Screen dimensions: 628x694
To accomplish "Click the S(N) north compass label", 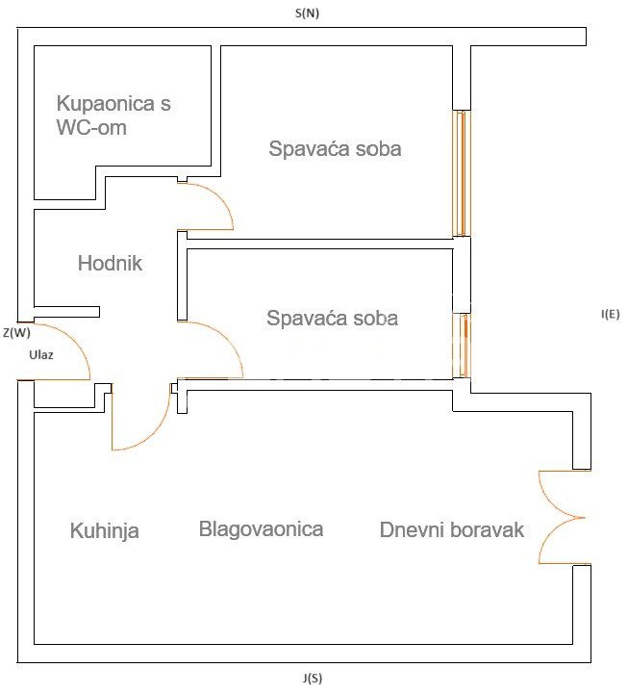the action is pos(307,13).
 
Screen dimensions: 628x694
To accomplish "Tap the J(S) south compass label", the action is pos(313,678).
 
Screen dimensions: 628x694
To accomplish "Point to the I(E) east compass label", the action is pos(610,314).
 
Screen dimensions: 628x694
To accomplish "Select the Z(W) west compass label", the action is pos(16,332).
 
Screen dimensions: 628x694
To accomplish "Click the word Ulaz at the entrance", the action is pos(41,354).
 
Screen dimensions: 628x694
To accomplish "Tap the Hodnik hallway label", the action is pos(111,263).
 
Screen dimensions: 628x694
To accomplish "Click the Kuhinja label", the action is pos(105,530).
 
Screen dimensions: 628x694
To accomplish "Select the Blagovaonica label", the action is pos(261,528).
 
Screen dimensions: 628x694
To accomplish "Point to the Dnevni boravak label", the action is pos(452,529).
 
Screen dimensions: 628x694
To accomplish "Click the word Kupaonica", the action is pos(105,104).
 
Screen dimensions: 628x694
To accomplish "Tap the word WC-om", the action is pos(91,127).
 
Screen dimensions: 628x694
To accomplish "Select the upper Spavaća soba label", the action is pos(335,148).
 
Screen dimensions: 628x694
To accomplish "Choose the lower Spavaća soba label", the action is pos(332,318).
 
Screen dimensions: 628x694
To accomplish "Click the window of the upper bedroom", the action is pos(462,173).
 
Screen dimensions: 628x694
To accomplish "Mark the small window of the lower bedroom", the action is pos(463,346).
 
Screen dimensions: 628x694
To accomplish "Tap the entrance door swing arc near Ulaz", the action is pos(80,343).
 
